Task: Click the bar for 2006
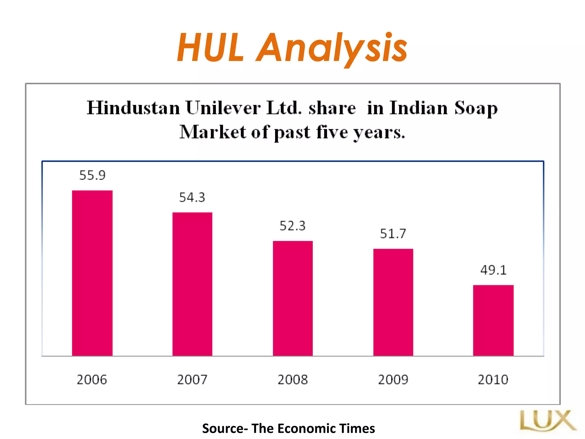point(92,273)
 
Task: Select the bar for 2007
point(192,284)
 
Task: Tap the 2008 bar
point(293,298)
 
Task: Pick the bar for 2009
point(393,302)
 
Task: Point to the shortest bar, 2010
point(493,320)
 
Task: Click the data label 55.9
point(92,175)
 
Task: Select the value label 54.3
point(192,197)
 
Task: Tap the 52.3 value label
point(292,226)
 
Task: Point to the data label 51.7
point(393,234)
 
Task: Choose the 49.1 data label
point(493,270)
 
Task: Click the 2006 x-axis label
point(92,380)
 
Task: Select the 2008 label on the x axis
point(293,380)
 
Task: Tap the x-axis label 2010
point(493,380)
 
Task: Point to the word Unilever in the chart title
point(223,108)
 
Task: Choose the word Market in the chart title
point(213,132)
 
